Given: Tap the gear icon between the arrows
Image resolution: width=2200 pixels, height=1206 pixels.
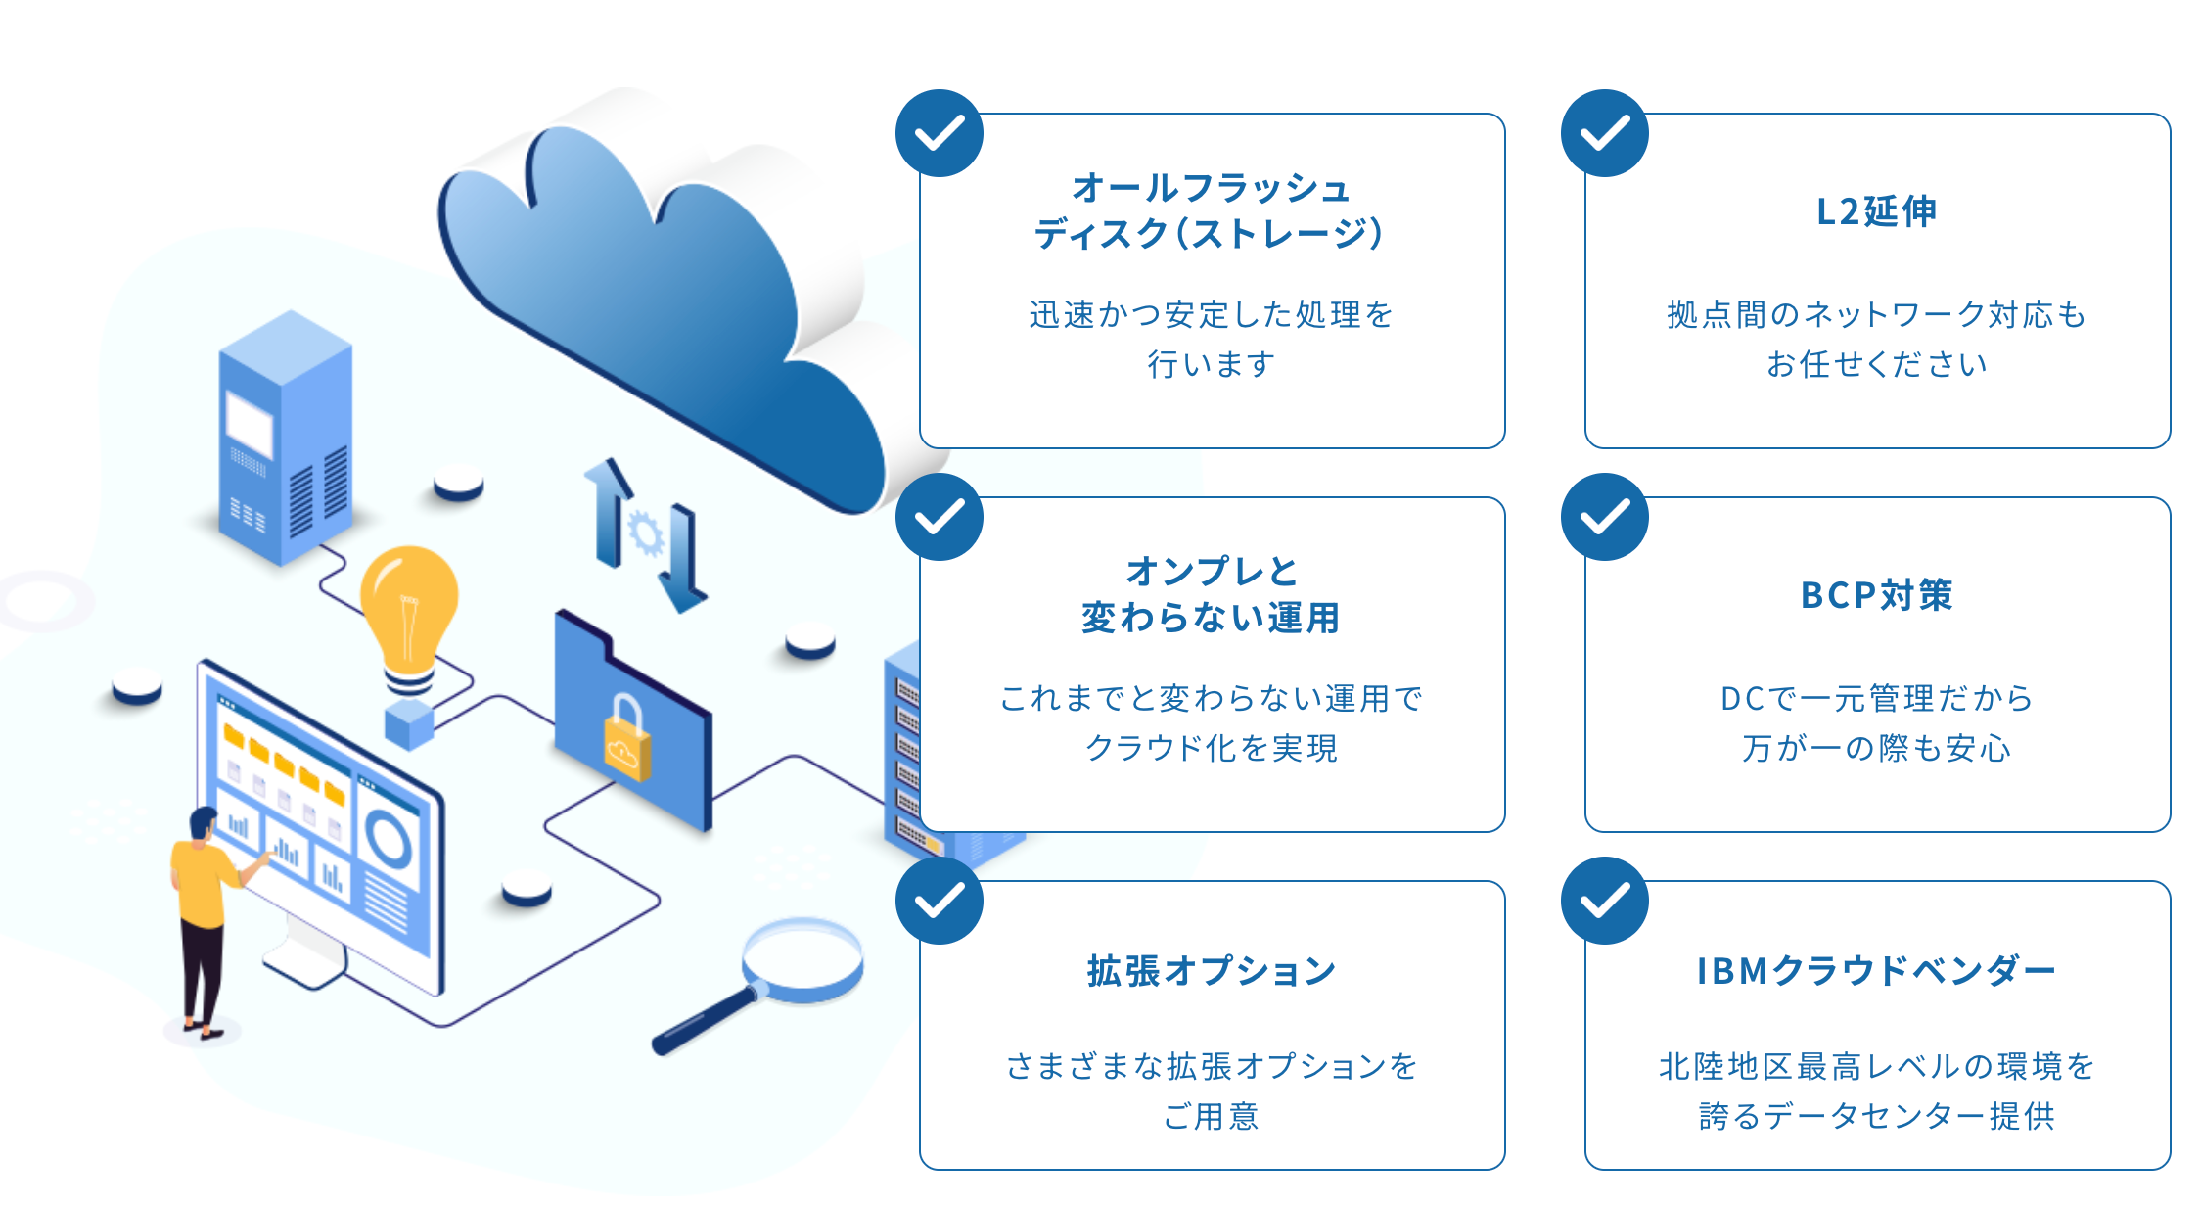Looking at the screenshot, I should point(646,534).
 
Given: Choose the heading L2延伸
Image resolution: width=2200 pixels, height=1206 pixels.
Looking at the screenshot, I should point(1876,211).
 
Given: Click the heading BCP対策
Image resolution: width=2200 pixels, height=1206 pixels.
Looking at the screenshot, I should point(1876,595).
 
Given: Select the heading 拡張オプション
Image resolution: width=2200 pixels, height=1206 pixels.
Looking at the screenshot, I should point(1212,971).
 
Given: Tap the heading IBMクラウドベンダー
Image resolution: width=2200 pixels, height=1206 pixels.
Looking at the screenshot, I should point(1876,971).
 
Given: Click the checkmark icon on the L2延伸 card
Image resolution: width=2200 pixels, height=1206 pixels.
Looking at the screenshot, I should point(1605,133).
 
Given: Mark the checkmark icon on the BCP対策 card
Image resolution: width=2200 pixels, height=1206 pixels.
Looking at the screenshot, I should point(1605,517).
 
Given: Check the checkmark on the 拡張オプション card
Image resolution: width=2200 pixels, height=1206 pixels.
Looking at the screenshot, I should point(940,901).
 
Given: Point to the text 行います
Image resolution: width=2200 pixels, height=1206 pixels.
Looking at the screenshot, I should point(1212,364).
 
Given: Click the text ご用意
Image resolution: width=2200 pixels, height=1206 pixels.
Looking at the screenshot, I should point(1212,1116).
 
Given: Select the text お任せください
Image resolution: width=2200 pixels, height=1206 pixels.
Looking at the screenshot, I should point(1876,364).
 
